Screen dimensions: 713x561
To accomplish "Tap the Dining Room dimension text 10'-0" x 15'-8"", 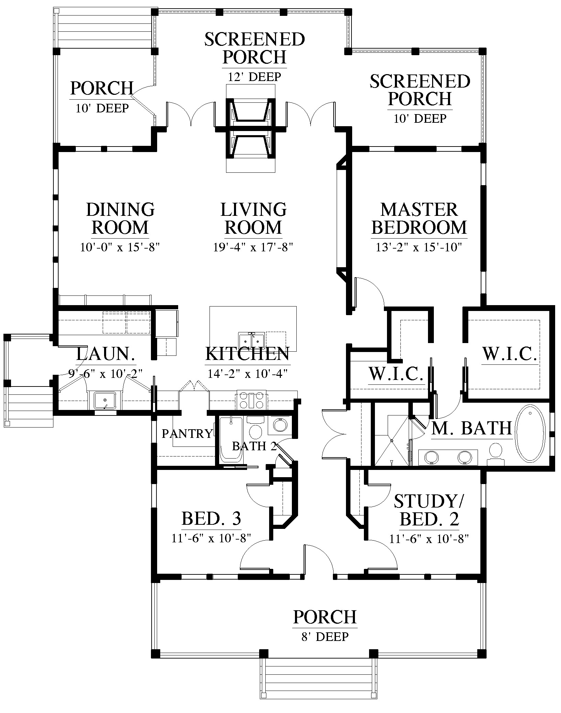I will click(120, 248).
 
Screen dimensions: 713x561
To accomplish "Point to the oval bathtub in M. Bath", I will click(530, 433).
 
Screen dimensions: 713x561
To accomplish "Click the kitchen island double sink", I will click(252, 340).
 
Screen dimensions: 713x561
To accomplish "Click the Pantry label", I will click(187, 433).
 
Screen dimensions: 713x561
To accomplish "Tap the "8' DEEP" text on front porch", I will click(325, 636).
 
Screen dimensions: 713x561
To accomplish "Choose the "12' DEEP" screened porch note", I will click(254, 77).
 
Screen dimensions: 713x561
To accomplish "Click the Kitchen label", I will click(247, 354).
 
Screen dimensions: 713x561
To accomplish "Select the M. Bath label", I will click(471, 428).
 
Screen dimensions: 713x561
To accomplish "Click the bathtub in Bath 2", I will click(231, 440).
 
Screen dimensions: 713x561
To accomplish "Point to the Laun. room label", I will click(105, 354).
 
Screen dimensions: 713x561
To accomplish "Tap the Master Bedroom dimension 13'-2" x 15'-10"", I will click(419, 248).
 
